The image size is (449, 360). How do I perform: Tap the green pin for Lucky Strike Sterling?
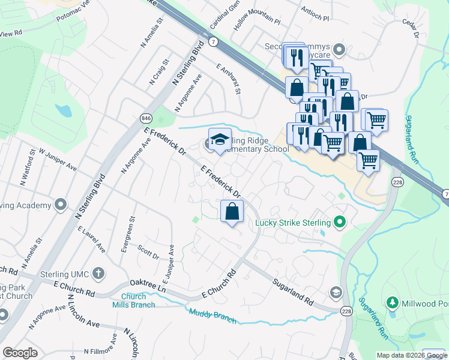click(340, 223)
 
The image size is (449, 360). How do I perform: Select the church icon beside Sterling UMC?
click(99, 274)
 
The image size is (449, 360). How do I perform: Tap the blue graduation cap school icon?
click(220, 140)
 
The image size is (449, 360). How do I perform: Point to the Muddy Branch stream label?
click(212, 315)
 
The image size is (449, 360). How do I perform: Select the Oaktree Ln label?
click(148, 284)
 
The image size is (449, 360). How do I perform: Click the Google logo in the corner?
click(20, 353)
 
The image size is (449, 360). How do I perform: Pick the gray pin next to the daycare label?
click(339, 49)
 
